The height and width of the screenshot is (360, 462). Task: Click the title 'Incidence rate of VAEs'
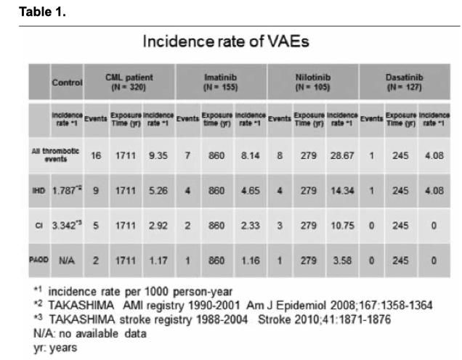pos(226,41)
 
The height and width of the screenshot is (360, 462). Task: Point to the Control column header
pos(67,83)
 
